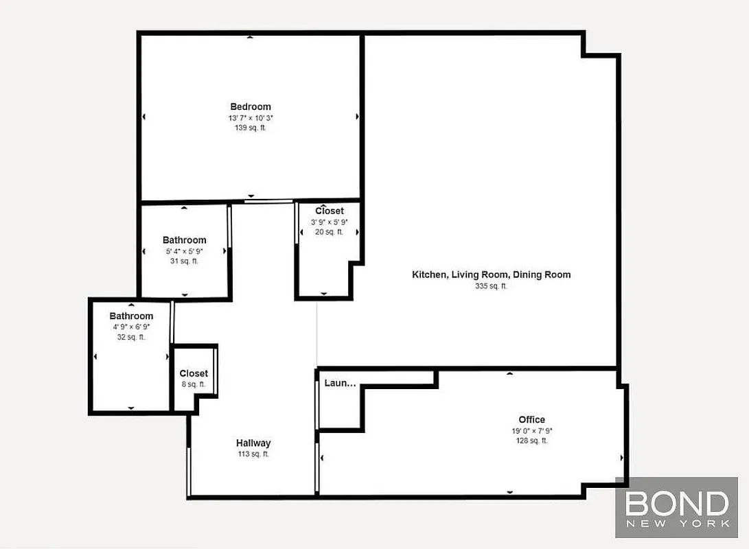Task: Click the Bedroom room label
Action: click(251, 106)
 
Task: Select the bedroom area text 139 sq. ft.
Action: click(251, 128)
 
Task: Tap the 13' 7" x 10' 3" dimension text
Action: click(251, 118)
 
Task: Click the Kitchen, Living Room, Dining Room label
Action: click(491, 274)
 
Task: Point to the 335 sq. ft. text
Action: click(491, 286)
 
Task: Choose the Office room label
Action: click(531, 419)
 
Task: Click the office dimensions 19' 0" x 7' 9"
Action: click(531, 431)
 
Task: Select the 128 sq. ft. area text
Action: click(531, 441)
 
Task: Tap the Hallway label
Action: click(253, 443)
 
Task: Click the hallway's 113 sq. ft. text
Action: click(253, 454)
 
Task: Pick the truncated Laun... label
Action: click(340, 383)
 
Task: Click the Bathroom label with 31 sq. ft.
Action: click(184, 240)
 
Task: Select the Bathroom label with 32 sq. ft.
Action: click(131, 316)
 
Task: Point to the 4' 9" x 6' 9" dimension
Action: click(131, 327)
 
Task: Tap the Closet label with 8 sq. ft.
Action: click(194, 373)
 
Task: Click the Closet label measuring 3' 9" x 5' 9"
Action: click(330, 211)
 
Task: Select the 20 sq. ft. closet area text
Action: click(330, 232)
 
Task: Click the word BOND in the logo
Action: click(676, 504)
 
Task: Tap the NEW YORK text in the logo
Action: click(676, 524)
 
